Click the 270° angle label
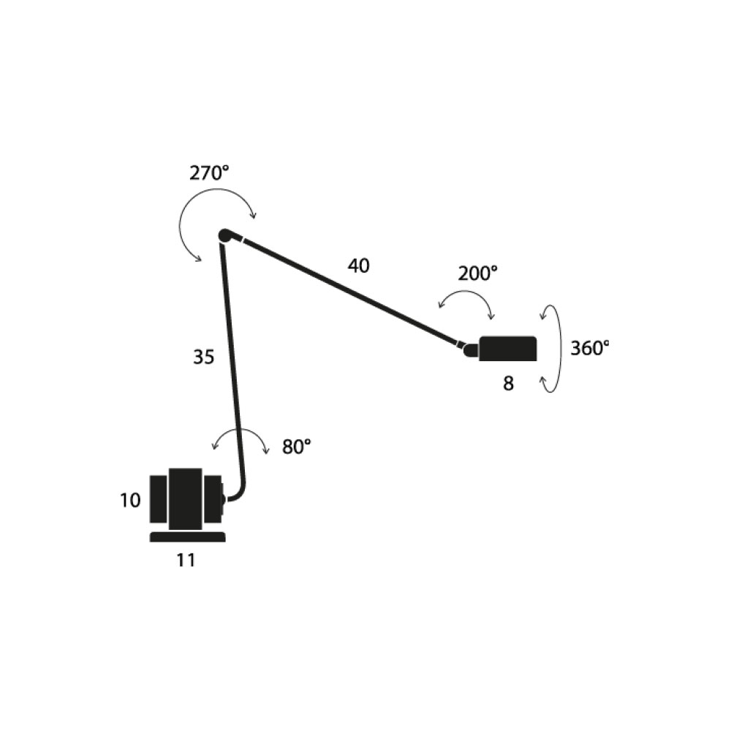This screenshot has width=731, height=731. pyautogui.click(x=209, y=173)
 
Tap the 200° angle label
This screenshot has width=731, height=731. pyautogui.click(x=477, y=273)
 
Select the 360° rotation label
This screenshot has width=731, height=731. pyautogui.click(x=590, y=348)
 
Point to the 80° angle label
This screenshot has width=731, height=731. pyautogui.click(x=297, y=447)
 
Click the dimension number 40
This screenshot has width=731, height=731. pyautogui.click(x=358, y=266)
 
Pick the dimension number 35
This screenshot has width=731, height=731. pyautogui.click(x=204, y=357)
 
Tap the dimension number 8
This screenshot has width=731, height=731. pyautogui.click(x=508, y=384)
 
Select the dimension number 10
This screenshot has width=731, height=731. pyautogui.click(x=130, y=501)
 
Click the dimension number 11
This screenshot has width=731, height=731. pyautogui.click(x=186, y=561)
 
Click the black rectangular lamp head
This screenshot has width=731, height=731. pyautogui.click(x=508, y=348)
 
